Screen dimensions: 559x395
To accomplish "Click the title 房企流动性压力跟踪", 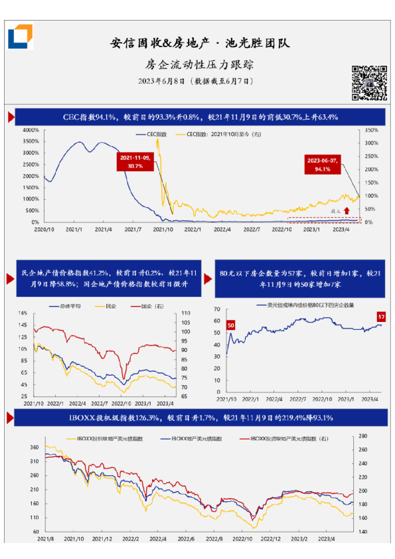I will pos(199,65).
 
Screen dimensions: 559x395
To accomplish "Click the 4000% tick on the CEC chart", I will pos(30,130).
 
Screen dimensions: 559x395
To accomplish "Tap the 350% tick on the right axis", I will pos(371,130).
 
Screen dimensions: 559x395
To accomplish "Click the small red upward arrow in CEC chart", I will pos(346,210).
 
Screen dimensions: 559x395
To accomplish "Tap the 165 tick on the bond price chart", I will pos(23,313).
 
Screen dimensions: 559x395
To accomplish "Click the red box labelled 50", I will pos(231,325).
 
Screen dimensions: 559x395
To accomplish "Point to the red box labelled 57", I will pos(382,316).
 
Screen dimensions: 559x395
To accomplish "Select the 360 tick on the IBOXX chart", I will pos(35,448).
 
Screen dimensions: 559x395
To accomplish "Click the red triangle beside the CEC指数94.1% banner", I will pos(11,118).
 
